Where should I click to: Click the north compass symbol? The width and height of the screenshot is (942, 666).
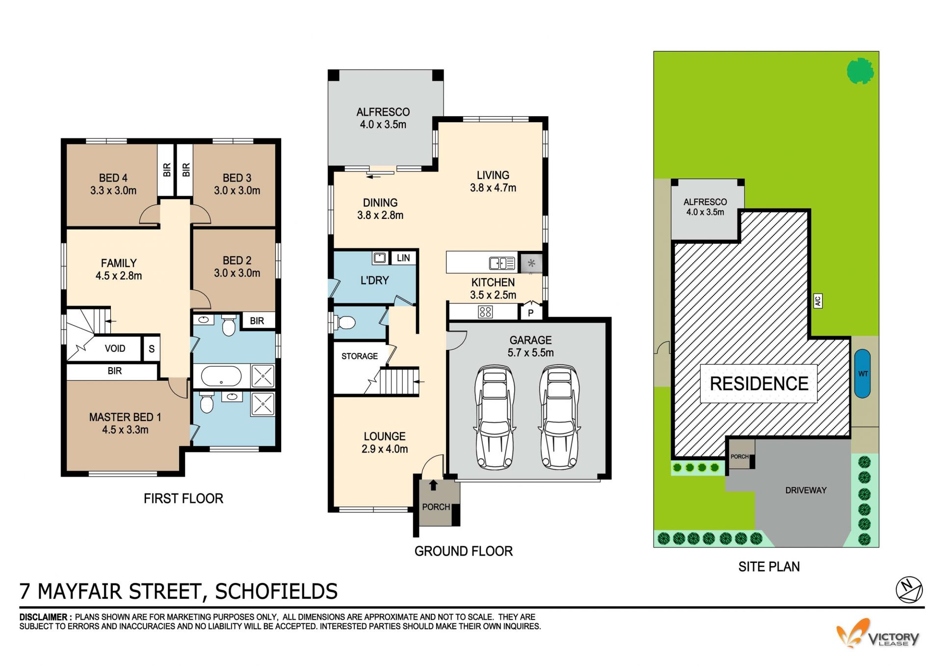[x=909, y=589]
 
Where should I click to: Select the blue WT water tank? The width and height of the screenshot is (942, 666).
[x=863, y=373]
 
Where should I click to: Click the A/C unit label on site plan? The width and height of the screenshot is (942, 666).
[x=818, y=301]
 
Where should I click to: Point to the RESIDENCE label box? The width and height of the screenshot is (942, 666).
[x=759, y=383]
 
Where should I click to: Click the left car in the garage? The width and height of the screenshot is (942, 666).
[x=495, y=417]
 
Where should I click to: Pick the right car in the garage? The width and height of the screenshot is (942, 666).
[x=559, y=417]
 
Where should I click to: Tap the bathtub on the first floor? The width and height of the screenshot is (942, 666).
[x=221, y=376]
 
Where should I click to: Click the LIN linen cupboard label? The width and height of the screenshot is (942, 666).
[x=403, y=258]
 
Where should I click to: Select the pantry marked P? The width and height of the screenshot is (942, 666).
[x=530, y=312]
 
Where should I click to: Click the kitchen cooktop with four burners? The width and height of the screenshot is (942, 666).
[x=485, y=312]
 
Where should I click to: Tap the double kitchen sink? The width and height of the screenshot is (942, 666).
[x=502, y=264]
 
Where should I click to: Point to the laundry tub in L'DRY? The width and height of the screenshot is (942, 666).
[x=380, y=258]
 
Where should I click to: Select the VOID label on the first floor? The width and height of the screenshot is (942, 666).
[x=115, y=348]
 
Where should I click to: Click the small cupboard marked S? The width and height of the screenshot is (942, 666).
[x=152, y=348]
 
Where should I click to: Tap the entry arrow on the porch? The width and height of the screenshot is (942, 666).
[x=433, y=485]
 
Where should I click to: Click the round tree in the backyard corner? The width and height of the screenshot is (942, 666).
[x=860, y=71]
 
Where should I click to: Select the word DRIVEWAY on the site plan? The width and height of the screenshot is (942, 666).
[x=806, y=490]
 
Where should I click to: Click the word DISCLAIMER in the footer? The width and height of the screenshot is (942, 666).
[x=43, y=617]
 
